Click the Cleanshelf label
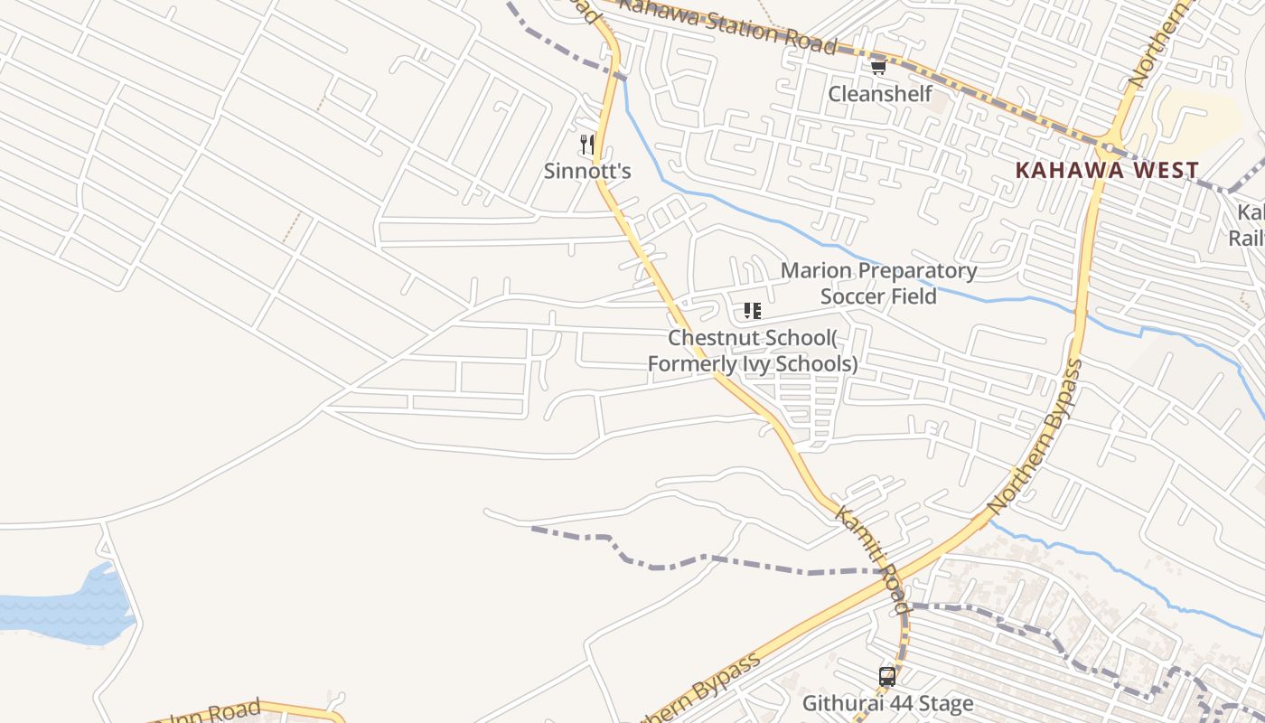coord(880,94)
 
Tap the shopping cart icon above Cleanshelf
coord(877,66)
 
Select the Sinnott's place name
coord(586,171)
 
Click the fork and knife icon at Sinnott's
coord(586,143)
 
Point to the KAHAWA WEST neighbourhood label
coord(1107,170)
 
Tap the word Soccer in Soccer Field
coord(853,296)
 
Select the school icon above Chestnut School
coord(752,311)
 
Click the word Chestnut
coord(710,338)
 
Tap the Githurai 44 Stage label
coord(887,703)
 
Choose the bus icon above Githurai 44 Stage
coord(887,676)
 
